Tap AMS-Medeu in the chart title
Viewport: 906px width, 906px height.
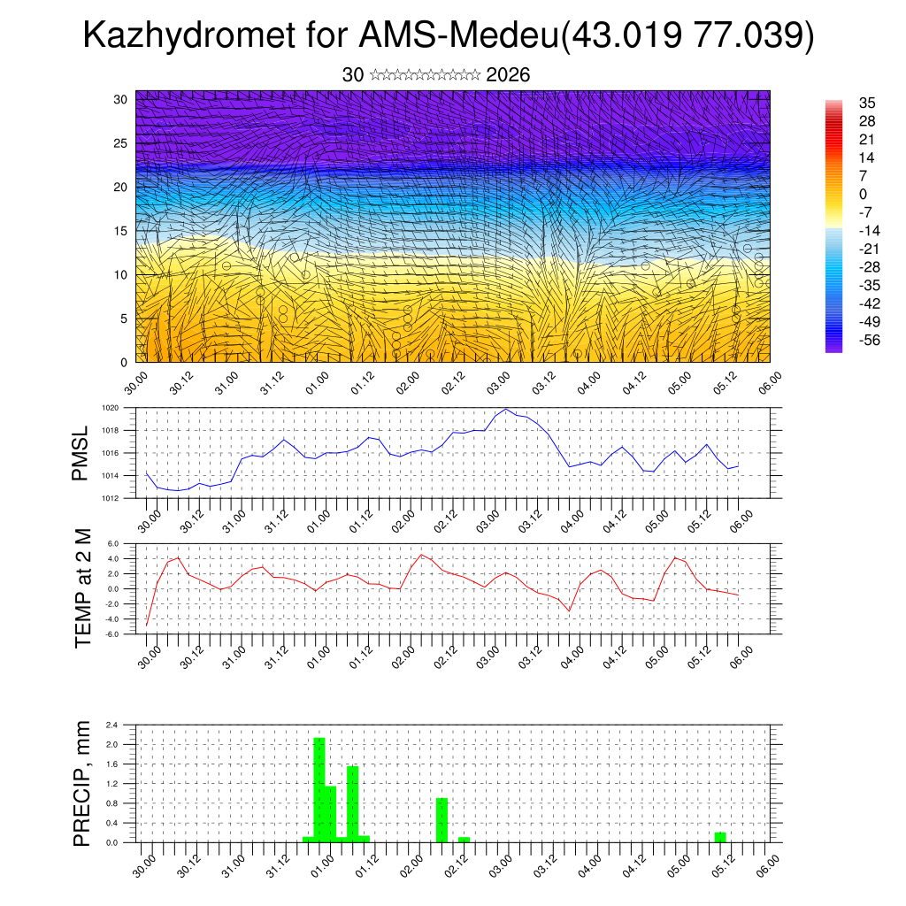click(x=460, y=37)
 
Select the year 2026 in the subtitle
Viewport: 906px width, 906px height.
click(x=508, y=75)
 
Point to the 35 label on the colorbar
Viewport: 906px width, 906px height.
click(x=867, y=104)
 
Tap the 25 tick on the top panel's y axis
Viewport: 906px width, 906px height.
click(x=120, y=143)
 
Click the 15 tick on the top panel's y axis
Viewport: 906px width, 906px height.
click(x=120, y=231)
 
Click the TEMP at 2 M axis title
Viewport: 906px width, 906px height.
click(x=83, y=588)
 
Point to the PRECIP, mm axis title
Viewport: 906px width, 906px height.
click(x=83, y=784)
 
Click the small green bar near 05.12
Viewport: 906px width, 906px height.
click(x=720, y=837)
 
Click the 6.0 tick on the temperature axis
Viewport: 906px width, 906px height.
click(x=113, y=543)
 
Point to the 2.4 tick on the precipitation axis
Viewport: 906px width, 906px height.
click(x=112, y=725)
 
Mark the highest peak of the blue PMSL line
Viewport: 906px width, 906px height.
click(x=505, y=409)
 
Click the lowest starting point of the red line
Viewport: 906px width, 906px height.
click(x=147, y=626)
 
